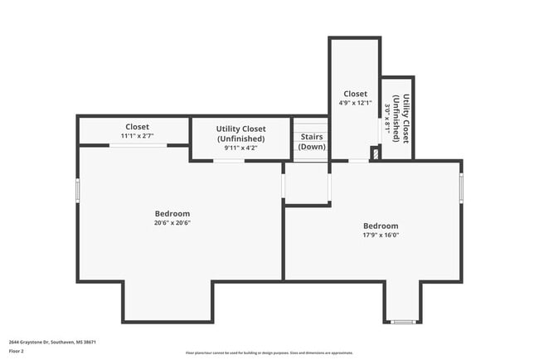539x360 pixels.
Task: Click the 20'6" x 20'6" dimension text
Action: pyautogui.click(x=172, y=222)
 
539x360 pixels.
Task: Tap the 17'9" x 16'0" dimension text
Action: pyautogui.click(x=380, y=235)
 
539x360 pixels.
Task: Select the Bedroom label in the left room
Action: pyautogui.click(x=172, y=213)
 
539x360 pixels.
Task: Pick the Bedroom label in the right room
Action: pyautogui.click(x=380, y=226)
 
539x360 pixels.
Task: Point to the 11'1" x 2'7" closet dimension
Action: pyautogui.click(x=137, y=136)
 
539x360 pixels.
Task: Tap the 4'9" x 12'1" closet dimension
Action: pyautogui.click(x=355, y=104)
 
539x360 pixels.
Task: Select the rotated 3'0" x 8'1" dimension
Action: pyautogui.click(x=387, y=119)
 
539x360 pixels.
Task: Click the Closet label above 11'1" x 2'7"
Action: pyautogui.click(x=137, y=127)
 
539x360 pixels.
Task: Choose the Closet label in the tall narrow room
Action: pyautogui.click(x=355, y=95)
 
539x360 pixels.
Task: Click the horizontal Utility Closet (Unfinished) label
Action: pyautogui.click(x=240, y=134)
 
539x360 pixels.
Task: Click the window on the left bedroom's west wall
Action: pyautogui.click(x=78, y=189)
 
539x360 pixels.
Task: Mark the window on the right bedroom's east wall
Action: pyautogui.click(x=460, y=186)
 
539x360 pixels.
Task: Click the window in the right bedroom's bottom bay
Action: pyautogui.click(x=402, y=322)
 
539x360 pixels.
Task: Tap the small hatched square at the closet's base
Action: pyautogui.click(x=375, y=153)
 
